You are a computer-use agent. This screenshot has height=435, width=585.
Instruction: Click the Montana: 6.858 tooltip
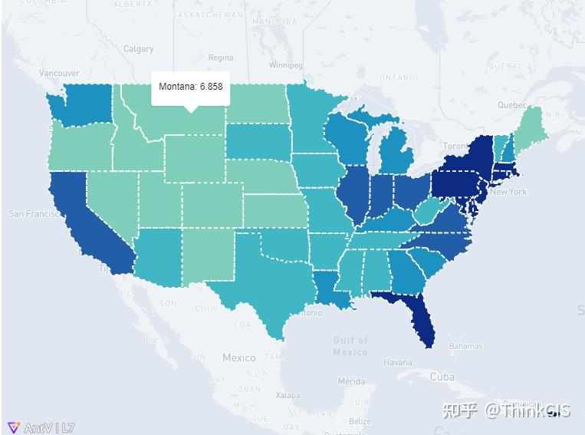(191, 87)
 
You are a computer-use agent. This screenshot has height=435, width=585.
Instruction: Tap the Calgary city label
(139, 49)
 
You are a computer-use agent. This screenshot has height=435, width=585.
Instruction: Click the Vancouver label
(59, 74)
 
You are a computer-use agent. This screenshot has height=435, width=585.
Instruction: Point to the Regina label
(220, 58)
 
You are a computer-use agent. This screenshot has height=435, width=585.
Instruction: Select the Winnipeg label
(285, 66)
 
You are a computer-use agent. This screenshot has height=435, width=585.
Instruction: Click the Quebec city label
(512, 105)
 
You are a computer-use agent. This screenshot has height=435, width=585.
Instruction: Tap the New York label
(508, 192)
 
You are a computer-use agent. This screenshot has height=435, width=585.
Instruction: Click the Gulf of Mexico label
(350, 346)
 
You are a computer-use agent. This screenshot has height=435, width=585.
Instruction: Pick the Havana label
(397, 363)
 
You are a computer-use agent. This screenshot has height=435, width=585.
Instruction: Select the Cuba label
(442, 377)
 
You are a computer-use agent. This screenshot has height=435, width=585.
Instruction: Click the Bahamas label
(465, 346)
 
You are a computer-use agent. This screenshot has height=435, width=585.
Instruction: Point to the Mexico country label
(238, 358)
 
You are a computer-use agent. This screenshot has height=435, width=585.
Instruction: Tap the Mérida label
(351, 381)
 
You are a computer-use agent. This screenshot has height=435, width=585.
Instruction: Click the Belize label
(360, 421)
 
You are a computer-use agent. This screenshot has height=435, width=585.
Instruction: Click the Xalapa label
(288, 395)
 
